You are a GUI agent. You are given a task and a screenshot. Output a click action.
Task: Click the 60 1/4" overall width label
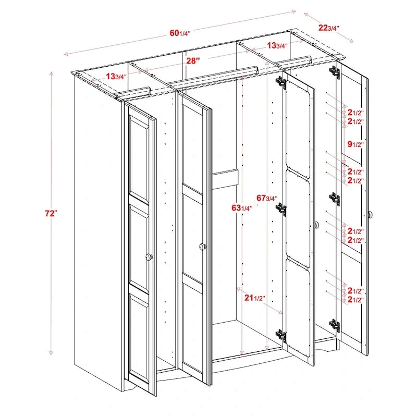180,33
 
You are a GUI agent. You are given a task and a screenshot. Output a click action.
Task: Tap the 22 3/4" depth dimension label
328,28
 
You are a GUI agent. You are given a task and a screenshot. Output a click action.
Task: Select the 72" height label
51,214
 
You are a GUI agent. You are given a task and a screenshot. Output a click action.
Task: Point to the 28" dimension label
193,60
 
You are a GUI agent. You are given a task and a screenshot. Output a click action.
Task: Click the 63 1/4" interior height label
242,208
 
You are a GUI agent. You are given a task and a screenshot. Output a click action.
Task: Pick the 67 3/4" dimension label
267,198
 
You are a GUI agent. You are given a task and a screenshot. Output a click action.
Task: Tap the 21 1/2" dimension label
255,298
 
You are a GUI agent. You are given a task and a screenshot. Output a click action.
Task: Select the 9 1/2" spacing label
355,144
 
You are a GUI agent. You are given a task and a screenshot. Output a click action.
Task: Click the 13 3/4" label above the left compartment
116,77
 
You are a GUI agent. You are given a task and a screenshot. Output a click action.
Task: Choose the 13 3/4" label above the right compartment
277,45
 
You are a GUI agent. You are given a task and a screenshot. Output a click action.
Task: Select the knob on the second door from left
202,246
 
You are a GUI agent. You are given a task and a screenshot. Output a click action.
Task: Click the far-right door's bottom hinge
335,326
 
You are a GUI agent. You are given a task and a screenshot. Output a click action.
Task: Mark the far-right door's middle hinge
334,198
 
